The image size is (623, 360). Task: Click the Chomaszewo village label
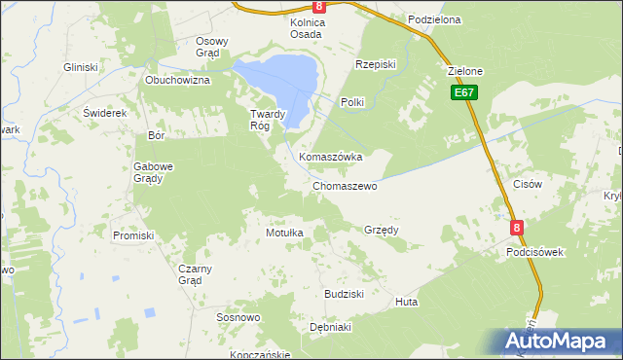pos(345,186)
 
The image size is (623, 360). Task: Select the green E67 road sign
pos(463,92)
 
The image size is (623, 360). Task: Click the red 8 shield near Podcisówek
pos(517,228)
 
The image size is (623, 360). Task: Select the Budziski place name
pos(344,294)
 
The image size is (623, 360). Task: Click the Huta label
pos(407,303)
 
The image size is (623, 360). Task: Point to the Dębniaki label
pos(329,328)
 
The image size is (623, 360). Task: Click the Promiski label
pos(133,235)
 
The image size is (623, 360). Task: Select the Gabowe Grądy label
pos(153,172)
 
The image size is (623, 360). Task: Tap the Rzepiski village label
pos(376,64)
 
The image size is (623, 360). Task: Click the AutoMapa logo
pos(554,342)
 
